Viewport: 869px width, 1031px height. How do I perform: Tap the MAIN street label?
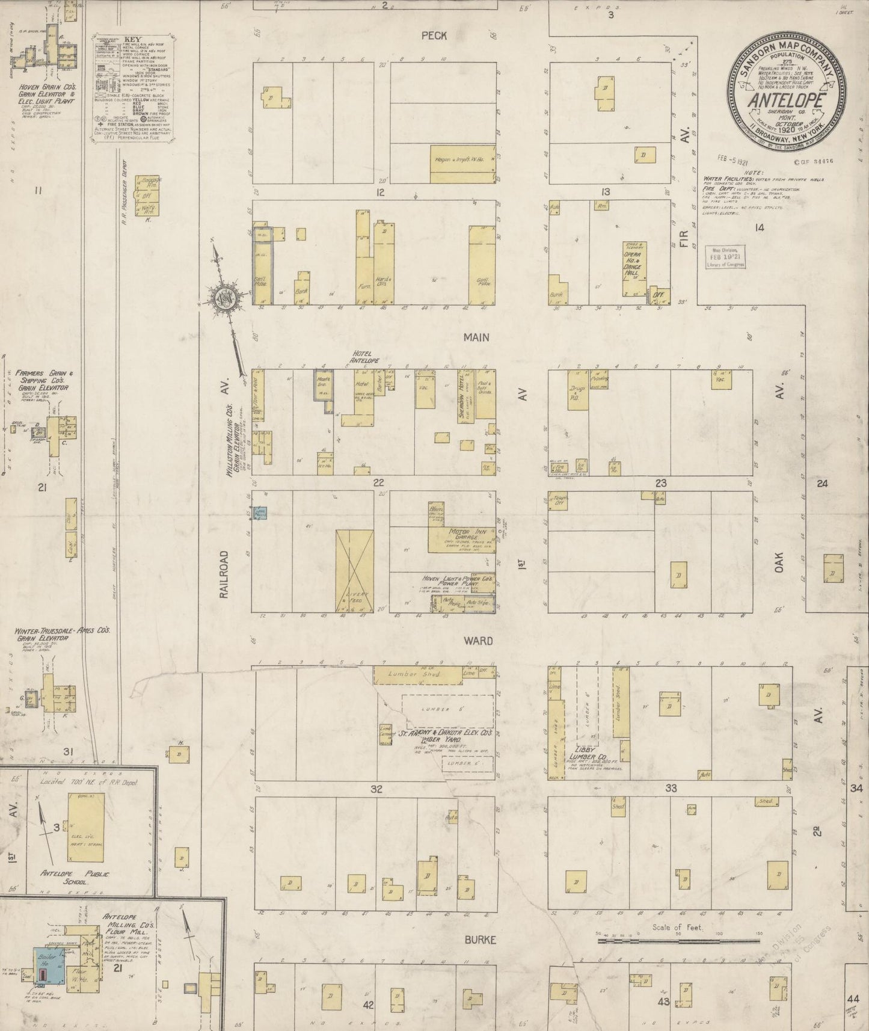(x=476, y=337)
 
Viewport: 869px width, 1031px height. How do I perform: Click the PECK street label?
(x=434, y=35)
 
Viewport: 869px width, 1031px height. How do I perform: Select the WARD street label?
(x=478, y=641)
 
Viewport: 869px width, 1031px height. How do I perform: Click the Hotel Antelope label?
(x=366, y=357)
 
